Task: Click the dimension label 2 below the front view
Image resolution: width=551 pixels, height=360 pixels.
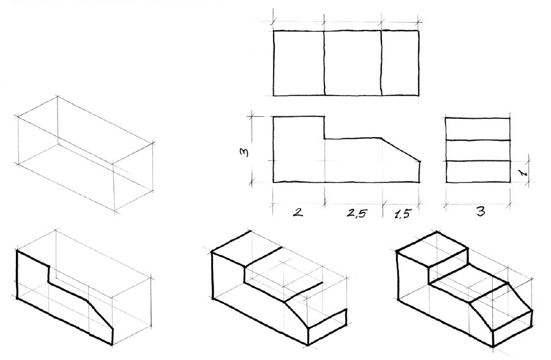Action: coord(298,212)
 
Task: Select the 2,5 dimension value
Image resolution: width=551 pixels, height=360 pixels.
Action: coord(357,213)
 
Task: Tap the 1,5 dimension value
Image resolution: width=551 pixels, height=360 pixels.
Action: coord(402,214)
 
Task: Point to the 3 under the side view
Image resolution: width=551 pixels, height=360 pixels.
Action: coord(481,212)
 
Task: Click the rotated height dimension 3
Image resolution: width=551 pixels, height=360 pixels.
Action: coord(244,152)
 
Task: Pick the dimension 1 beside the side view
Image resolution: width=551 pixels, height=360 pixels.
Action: coord(523,172)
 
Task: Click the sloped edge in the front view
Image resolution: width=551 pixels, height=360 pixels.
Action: coord(400,149)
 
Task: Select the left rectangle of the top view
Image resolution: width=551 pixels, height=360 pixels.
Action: coord(299,63)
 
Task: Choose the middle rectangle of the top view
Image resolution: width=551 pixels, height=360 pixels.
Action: coord(353,63)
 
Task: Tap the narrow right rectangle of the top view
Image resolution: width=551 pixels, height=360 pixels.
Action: coord(400,63)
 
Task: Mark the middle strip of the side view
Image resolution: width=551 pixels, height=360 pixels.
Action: coord(478,151)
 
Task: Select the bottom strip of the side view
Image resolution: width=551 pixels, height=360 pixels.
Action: coord(478,171)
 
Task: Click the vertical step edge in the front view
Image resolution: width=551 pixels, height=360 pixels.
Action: coord(324,127)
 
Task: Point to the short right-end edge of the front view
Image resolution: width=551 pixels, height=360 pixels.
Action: coord(419,171)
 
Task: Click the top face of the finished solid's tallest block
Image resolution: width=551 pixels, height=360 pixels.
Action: coord(432,250)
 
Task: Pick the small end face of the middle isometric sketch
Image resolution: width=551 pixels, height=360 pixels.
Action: coord(328,327)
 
